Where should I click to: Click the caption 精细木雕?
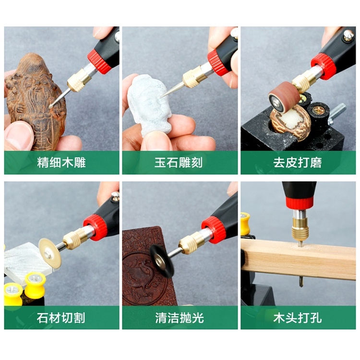[x=61, y=163]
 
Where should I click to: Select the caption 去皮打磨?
[x=298, y=163]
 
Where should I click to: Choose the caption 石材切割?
[x=61, y=318]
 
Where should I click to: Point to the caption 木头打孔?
[x=298, y=318]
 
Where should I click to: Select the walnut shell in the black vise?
[x=288, y=122]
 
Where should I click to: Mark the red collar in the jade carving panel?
[x=218, y=62]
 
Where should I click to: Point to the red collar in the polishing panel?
[x=214, y=229]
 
